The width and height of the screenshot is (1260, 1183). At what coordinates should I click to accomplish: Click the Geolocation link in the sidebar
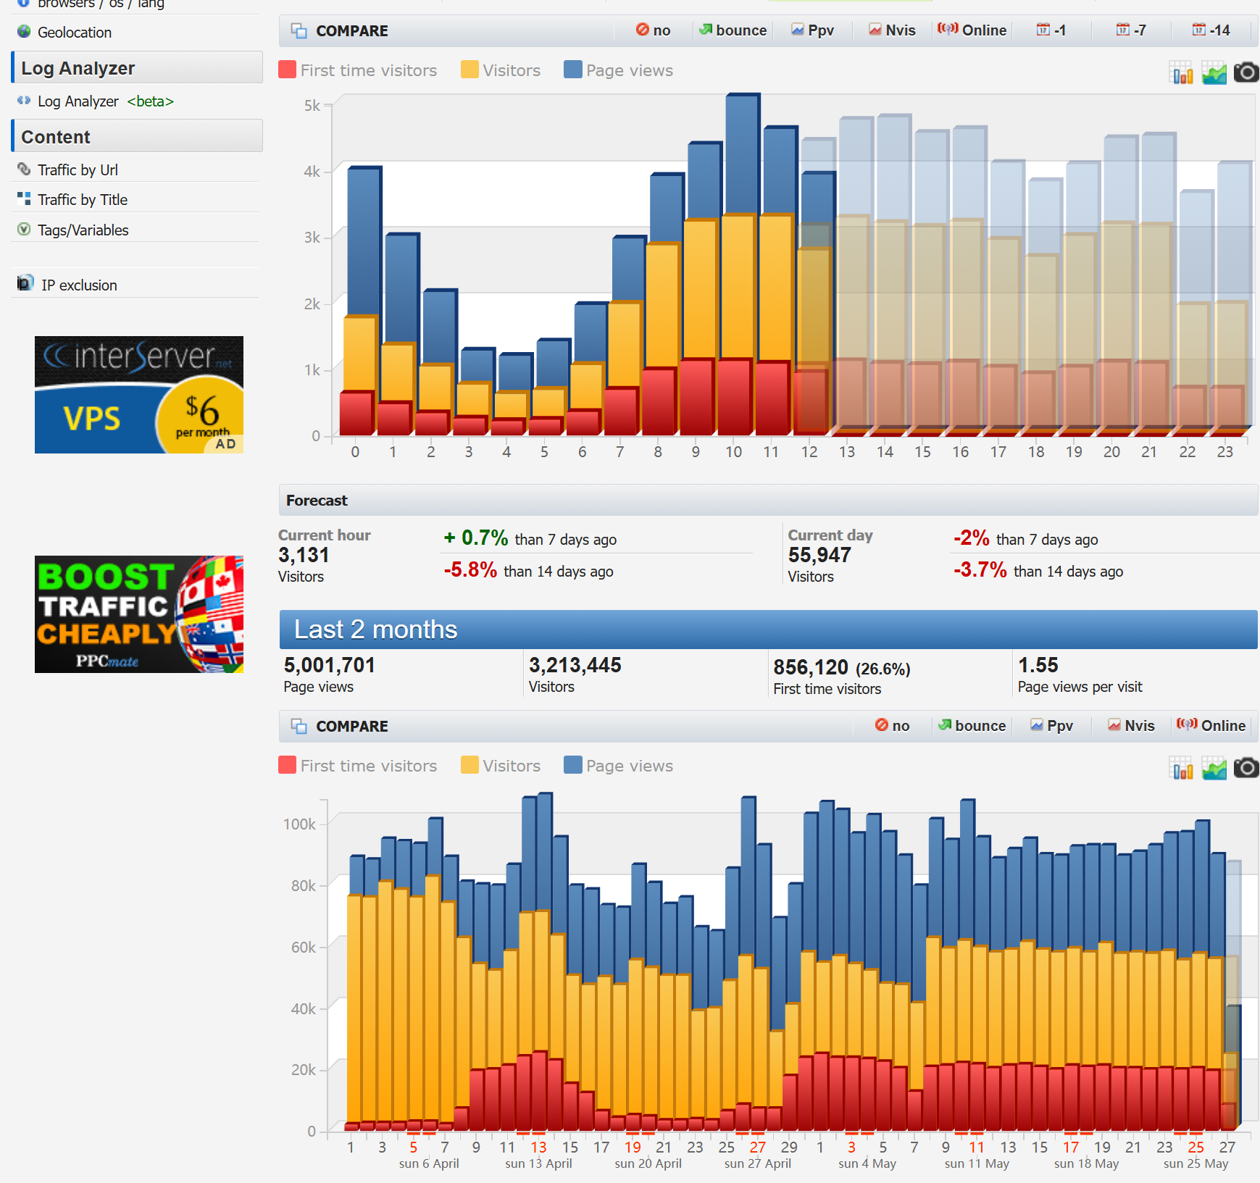[x=74, y=33]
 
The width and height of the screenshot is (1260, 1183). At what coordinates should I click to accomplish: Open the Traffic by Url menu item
[x=78, y=170]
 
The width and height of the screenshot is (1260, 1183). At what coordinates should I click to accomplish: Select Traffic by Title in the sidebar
[x=82, y=200]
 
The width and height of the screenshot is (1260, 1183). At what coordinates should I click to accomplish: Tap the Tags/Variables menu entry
[x=83, y=230]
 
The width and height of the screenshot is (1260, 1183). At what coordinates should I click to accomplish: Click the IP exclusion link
[x=78, y=285]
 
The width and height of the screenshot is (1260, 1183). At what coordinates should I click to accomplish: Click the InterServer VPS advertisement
[x=139, y=395]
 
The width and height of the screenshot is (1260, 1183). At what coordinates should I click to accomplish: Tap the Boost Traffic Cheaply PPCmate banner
[x=139, y=614]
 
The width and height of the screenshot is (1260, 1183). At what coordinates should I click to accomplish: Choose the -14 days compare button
[x=1212, y=30]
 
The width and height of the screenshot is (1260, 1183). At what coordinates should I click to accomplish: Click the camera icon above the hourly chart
[x=1246, y=72]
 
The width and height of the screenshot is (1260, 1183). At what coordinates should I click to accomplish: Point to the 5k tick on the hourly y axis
[x=312, y=106]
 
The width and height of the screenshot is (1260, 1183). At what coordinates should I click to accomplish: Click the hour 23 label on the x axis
[x=1224, y=452]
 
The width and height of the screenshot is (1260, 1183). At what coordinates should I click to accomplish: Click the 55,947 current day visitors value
[x=819, y=556]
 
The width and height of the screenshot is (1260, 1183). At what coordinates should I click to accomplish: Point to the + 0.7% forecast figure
[x=476, y=538]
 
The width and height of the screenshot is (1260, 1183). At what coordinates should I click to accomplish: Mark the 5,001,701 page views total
[x=329, y=665]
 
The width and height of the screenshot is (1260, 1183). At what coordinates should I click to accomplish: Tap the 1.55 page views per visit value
[x=1038, y=665]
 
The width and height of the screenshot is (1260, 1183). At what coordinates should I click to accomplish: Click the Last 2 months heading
[x=375, y=630]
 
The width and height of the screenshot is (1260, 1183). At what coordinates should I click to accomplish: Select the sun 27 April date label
[x=757, y=1163]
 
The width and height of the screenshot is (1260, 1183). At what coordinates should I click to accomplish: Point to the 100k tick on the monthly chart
[x=299, y=824]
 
